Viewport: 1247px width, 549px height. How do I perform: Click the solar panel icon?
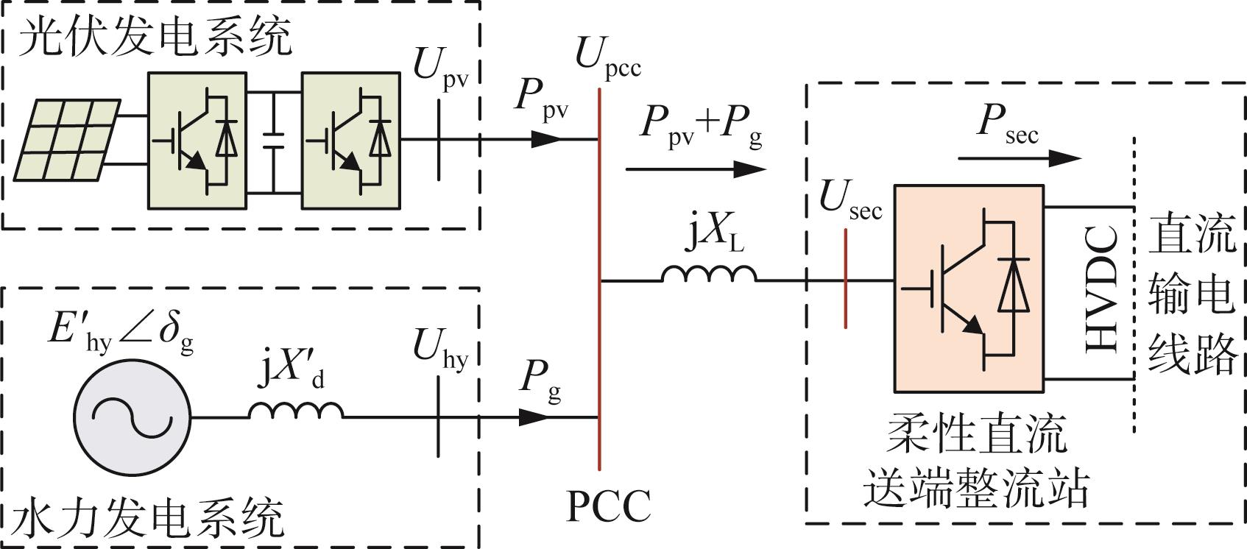tap(67, 140)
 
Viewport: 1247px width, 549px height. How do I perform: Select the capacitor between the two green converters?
tap(273, 141)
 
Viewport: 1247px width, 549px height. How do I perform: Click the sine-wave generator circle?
tap(133, 417)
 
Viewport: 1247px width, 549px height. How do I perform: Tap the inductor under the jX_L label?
tap(709, 273)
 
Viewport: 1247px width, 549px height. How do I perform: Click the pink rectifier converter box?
tap(969, 288)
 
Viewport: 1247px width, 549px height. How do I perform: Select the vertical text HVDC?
tap(1103, 289)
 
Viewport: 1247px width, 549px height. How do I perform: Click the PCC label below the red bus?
tap(609, 506)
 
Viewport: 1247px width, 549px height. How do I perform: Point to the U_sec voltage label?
tap(851, 199)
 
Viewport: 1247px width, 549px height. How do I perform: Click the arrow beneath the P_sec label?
tap(1020, 158)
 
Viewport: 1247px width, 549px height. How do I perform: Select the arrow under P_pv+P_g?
tap(696, 169)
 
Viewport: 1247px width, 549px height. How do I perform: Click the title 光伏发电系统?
tap(155, 37)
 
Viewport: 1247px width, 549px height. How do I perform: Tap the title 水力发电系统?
tap(147, 518)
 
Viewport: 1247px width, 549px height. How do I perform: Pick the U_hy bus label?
tap(440, 349)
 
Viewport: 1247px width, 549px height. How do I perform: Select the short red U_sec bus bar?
tap(845, 278)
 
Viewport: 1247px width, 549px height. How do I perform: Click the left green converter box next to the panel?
tap(197, 141)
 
